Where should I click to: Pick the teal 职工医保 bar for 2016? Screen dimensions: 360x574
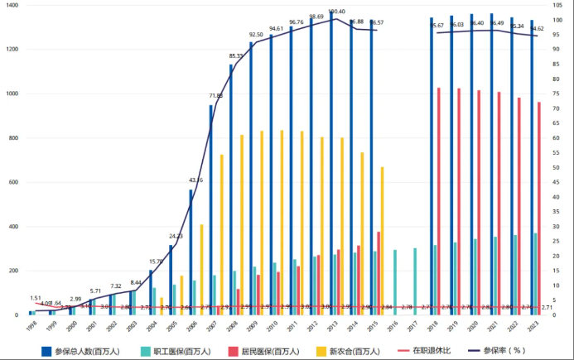[394, 281]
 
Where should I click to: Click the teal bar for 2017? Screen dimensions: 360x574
[415, 281]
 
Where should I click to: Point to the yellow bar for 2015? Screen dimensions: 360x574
[382, 240]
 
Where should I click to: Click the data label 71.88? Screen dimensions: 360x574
[215, 96]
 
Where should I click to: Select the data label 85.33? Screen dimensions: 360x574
[236, 56]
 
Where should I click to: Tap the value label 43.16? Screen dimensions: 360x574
[195, 180]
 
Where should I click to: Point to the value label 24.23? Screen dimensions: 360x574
[176, 237]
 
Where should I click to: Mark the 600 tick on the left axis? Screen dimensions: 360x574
[10, 182]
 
